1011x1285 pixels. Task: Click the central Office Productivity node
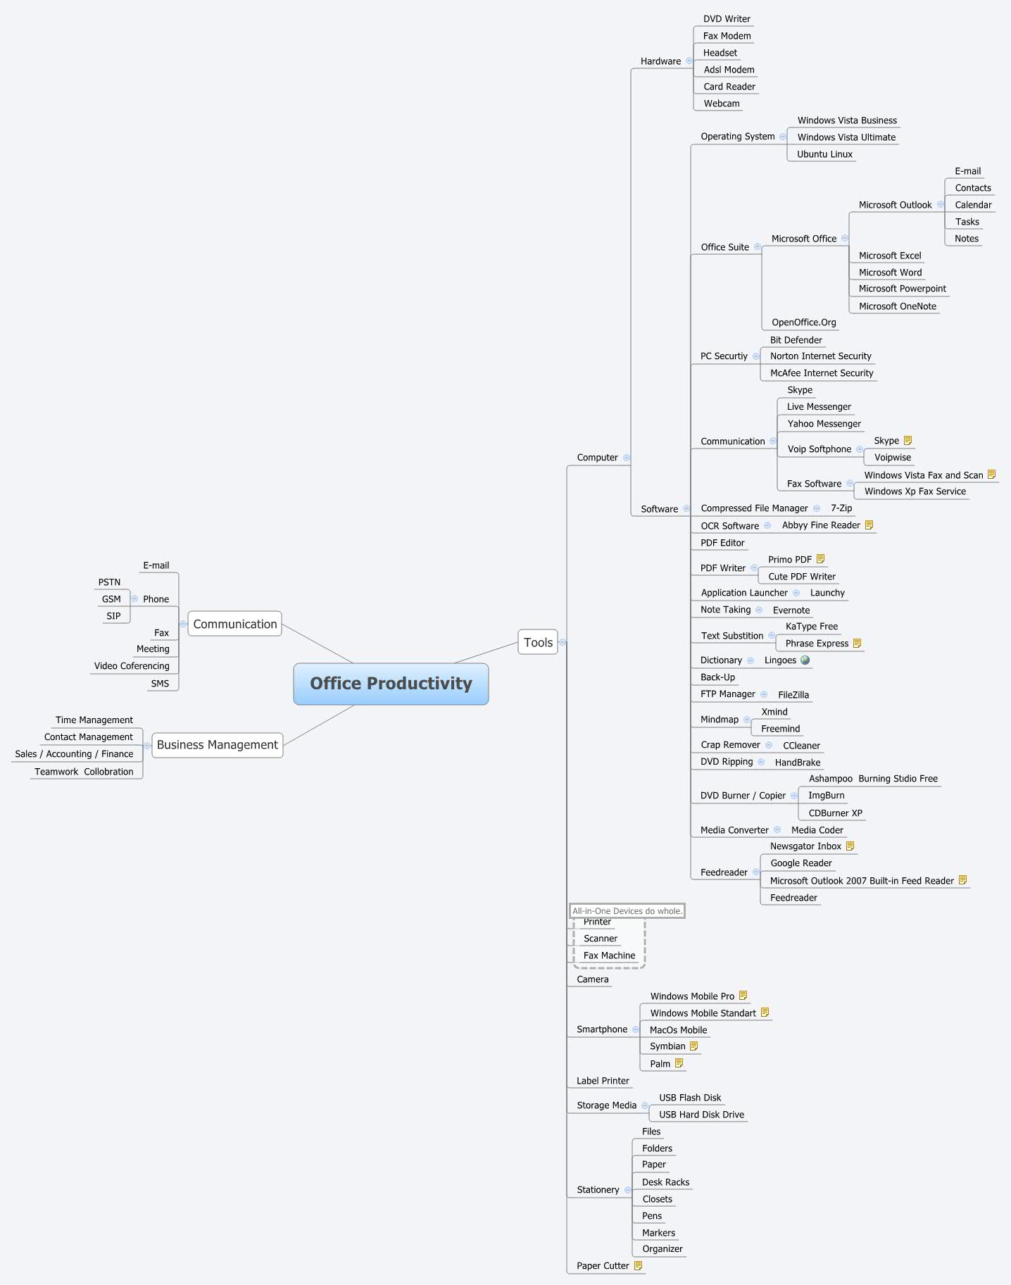tap(391, 684)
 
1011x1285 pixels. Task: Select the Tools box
tap(538, 642)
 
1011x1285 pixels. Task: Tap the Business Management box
tap(218, 745)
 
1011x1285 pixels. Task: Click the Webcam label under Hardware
tap(722, 104)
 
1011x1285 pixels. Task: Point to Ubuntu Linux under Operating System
tap(824, 154)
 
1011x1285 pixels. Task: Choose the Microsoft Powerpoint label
tap(902, 289)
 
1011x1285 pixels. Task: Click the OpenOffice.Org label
tap(803, 322)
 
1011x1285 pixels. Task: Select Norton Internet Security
tap(820, 356)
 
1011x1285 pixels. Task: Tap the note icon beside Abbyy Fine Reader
tap(869, 525)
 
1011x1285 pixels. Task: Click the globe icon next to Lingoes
tap(805, 660)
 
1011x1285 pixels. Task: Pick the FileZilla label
tap(793, 695)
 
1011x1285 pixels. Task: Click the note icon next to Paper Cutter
tap(639, 1266)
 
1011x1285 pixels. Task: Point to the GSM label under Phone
tap(111, 599)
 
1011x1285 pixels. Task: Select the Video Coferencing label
tap(132, 666)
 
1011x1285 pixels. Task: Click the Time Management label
tap(94, 720)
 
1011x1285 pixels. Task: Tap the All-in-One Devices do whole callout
tap(627, 911)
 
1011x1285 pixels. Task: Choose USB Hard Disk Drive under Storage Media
tap(701, 1115)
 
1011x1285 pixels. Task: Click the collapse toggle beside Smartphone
tap(636, 1029)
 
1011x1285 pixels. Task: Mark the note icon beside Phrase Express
tap(858, 644)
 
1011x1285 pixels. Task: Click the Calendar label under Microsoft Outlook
tap(973, 205)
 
